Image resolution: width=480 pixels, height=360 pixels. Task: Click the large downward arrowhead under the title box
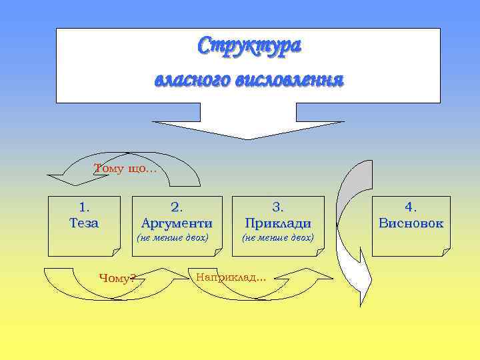point(248,129)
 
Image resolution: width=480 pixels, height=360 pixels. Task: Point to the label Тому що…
point(125,169)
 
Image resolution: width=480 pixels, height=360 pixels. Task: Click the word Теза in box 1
point(84,223)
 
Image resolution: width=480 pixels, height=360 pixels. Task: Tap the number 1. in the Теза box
point(84,207)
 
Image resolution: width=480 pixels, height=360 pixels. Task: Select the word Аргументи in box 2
point(177,223)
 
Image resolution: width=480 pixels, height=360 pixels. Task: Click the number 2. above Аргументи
point(177,207)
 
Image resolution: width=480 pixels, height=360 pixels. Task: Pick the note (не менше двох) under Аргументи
point(173,237)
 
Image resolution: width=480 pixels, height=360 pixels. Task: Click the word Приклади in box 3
point(277,223)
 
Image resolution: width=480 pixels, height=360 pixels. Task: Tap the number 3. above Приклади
point(277,207)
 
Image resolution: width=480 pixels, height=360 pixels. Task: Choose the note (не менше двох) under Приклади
point(277,237)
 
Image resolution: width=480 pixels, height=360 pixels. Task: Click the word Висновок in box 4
point(411,223)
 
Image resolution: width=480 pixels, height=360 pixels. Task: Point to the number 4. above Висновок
point(411,207)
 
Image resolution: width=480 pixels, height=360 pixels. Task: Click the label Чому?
point(116,278)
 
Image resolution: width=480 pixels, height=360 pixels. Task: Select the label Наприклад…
point(231,277)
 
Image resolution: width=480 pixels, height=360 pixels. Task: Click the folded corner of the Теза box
point(115,252)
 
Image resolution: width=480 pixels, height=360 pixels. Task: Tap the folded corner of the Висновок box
point(445,252)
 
